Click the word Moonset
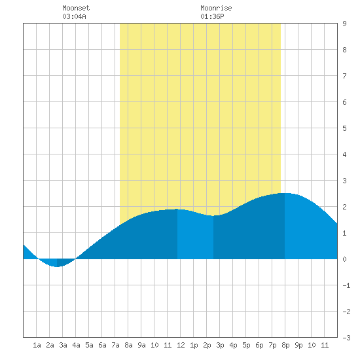(x=76, y=8)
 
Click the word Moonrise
(x=216, y=8)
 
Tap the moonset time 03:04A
(x=74, y=16)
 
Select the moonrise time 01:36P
(x=212, y=16)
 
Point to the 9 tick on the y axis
(x=344, y=24)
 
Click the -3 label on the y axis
(x=346, y=338)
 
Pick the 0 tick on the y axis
(x=344, y=259)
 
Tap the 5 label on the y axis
(x=344, y=128)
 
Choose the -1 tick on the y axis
(x=346, y=285)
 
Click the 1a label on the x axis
(x=37, y=345)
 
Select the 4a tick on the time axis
(x=76, y=345)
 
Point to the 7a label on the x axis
(x=115, y=345)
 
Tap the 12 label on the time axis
(x=181, y=345)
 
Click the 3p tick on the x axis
(x=220, y=345)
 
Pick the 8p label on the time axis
(x=285, y=345)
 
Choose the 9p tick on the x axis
(x=298, y=345)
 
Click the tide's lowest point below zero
(x=57, y=266)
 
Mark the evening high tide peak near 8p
(x=285, y=193)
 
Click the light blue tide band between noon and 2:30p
(x=196, y=236)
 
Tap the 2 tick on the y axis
(x=344, y=207)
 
